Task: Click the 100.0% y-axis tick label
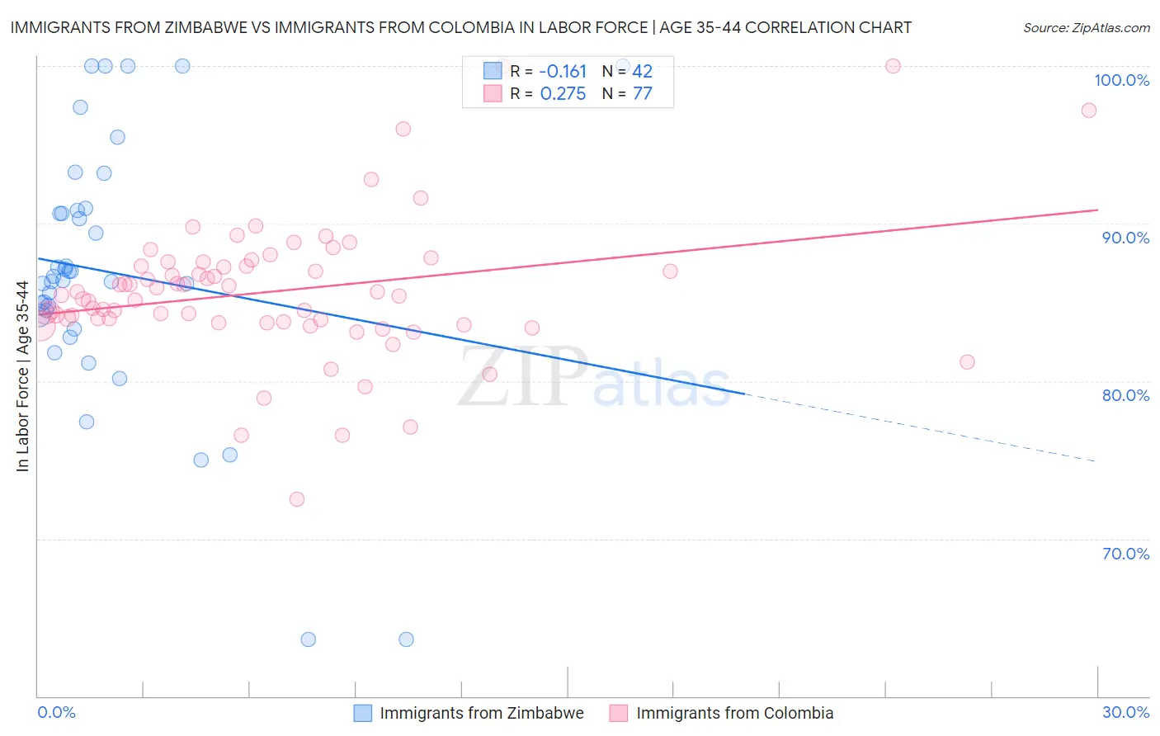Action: pos(1121,80)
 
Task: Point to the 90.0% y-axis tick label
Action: pos(1125,238)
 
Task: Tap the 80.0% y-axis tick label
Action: pos(1125,395)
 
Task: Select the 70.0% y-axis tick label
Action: pos(1125,554)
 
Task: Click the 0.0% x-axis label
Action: pos(56,712)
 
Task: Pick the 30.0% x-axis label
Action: pos(1125,712)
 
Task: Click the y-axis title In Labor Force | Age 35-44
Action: pos(22,376)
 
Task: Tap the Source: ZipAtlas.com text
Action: pos(1086,28)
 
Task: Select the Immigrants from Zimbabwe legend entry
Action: pos(481,713)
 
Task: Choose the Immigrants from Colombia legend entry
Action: pos(734,713)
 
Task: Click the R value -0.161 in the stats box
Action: pos(563,72)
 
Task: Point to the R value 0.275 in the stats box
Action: pos(563,94)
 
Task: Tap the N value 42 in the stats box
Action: pos(642,72)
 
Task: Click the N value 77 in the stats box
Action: pos(642,94)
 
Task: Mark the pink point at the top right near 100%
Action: pos(893,66)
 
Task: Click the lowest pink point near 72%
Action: pos(297,499)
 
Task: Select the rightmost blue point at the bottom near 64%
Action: pos(406,639)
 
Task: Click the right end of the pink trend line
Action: pos(1096,210)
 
